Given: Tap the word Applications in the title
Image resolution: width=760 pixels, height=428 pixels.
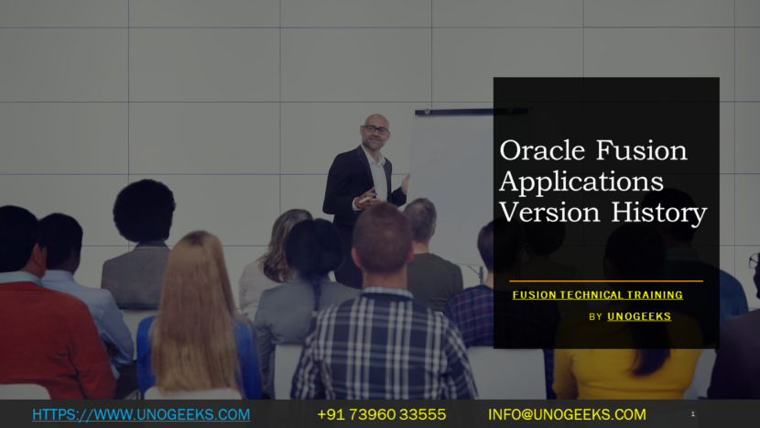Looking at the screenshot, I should coord(581,181).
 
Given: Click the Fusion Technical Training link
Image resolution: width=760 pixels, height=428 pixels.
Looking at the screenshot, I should coord(597,295).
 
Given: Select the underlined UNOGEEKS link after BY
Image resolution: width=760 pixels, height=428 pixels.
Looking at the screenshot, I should coord(639,316).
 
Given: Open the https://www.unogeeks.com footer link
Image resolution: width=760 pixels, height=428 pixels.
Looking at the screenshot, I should coord(141,414).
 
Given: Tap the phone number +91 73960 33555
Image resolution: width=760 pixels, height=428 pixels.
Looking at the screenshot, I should coord(381,414).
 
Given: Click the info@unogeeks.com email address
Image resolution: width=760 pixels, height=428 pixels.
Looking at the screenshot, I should coord(567,414).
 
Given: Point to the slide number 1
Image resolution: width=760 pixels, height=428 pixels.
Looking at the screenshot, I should coord(692,414).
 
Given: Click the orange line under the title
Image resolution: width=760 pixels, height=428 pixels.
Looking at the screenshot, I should coord(605,280).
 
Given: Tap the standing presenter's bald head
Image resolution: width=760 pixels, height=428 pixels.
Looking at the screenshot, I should coord(375,120).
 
